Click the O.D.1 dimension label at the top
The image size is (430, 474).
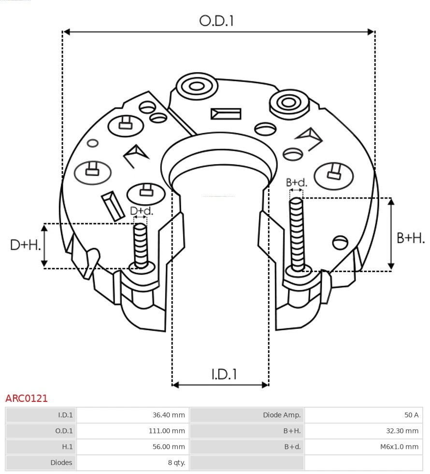[x=216, y=21]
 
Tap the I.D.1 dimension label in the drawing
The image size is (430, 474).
[x=224, y=374]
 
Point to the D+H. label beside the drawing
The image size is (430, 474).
[x=25, y=245]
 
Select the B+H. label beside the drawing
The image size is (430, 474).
[x=410, y=238]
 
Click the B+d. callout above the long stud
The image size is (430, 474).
[x=296, y=183]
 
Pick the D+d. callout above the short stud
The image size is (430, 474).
[x=141, y=211]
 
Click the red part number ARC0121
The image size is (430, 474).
[x=27, y=398]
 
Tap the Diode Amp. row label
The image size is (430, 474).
[x=282, y=415]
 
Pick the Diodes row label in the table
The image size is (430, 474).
[x=61, y=462]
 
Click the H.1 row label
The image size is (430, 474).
[x=67, y=446]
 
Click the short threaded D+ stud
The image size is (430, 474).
[x=141, y=246]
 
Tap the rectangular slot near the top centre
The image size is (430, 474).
[x=226, y=114]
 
